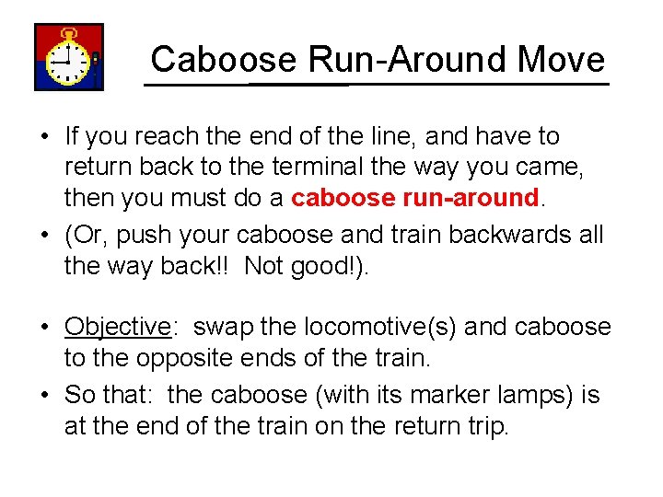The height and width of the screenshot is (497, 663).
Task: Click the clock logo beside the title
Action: click(68, 57)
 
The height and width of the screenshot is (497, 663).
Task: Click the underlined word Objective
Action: click(118, 328)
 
